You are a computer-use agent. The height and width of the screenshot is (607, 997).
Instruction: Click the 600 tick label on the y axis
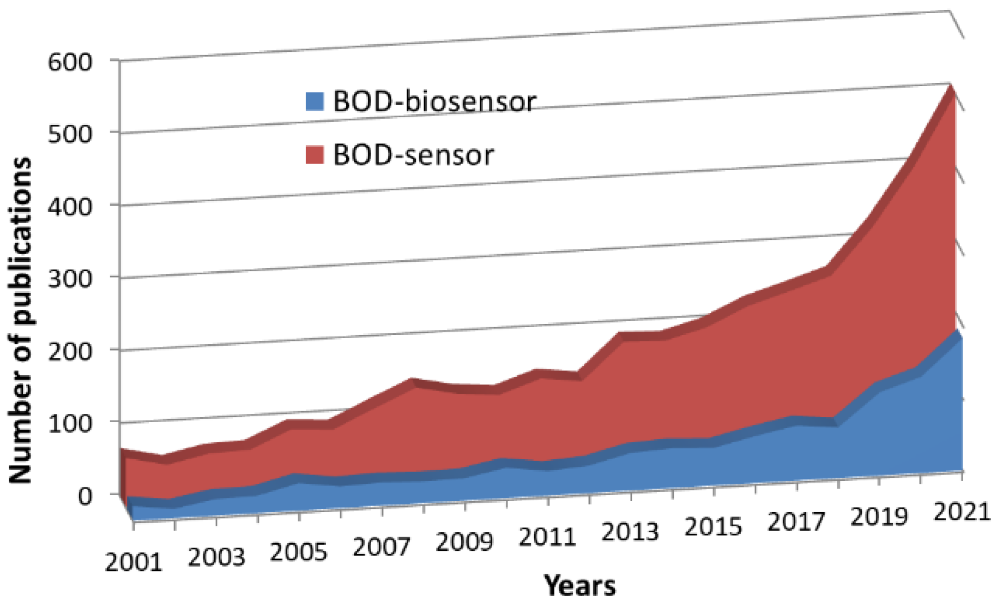coord(70,62)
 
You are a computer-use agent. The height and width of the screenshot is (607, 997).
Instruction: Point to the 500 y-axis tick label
coord(70,134)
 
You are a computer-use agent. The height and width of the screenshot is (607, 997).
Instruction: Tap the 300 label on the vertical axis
coord(70,278)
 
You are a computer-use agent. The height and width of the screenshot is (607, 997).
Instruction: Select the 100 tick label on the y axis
coord(70,423)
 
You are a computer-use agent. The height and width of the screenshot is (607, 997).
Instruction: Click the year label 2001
coord(134,562)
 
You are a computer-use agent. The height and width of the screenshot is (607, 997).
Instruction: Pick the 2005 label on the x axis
coord(298,552)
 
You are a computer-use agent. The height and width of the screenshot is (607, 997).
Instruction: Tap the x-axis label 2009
coord(464,542)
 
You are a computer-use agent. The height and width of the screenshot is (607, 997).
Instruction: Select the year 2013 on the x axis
coord(630,532)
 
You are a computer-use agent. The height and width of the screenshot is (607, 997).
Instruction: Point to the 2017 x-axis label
coord(796,522)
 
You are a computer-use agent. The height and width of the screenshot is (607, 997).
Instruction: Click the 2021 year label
coord(961,512)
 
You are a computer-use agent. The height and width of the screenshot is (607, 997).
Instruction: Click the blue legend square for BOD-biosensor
coord(315,101)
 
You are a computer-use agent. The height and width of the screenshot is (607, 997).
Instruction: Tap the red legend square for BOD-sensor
coord(315,155)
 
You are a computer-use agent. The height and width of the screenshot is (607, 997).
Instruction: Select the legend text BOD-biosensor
coord(434,101)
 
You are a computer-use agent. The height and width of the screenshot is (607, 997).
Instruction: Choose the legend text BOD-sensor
coord(413,155)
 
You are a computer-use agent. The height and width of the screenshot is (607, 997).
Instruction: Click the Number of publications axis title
coord(21,321)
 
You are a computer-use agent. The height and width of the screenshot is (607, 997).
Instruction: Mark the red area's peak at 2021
coord(952,87)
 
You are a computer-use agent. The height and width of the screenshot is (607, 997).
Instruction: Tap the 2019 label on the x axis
coord(879,516)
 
